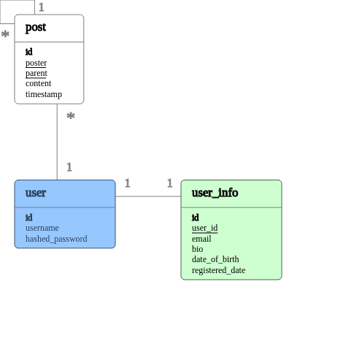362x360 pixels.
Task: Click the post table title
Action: point(36,28)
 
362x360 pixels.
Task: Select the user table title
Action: point(36,194)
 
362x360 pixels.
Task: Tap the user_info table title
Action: point(215,194)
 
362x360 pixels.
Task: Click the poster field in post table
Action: point(36,63)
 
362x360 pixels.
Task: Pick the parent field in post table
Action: point(36,73)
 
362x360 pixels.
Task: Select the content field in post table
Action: point(39,83)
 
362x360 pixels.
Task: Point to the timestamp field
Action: point(44,94)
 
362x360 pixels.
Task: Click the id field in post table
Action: point(29,52)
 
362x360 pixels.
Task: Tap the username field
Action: point(42,228)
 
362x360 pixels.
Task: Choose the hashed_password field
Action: point(56,239)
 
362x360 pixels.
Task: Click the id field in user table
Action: point(29,218)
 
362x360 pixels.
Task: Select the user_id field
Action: point(204,228)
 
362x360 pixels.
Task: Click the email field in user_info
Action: point(201,239)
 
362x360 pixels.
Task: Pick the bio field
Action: point(198,249)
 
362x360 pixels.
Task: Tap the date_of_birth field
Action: point(215,259)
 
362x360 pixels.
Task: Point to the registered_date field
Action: point(218,270)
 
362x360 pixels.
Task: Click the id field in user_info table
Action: point(196,218)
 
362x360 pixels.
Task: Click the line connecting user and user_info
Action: point(148,196)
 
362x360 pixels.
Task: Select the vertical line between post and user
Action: point(57,142)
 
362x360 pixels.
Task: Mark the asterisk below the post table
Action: point(71,115)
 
